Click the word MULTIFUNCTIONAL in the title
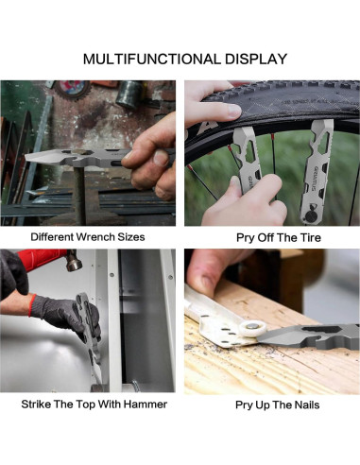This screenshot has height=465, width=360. pos(152,60)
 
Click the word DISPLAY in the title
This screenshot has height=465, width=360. pos(256,60)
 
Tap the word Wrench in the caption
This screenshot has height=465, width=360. pos(96,237)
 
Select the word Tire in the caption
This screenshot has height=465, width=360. pos(309,237)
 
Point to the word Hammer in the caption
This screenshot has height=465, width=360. pos(146,405)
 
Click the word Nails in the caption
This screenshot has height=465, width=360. pos(307,405)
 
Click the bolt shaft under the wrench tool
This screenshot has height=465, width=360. pos(80,195)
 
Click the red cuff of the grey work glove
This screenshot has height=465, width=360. pos(32,305)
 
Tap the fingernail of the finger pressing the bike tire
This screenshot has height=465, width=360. pos(234,111)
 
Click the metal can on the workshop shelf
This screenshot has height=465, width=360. pos(129,95)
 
